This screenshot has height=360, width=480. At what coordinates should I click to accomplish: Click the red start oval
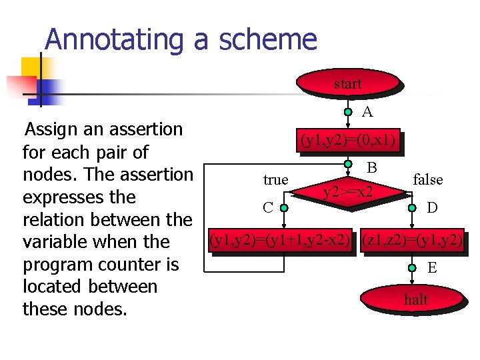347,84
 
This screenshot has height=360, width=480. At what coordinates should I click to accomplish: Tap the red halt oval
415,300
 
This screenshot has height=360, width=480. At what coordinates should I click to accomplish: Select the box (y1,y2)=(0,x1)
349,141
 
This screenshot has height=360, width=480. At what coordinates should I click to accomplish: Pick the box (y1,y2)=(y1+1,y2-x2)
280,239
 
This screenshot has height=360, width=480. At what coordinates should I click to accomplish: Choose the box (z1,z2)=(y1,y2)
411,239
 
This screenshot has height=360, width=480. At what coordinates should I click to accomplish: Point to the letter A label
367,112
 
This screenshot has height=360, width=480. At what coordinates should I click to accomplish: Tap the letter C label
267,207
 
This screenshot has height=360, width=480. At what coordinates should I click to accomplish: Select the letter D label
432,208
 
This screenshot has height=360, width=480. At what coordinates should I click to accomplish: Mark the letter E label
432,268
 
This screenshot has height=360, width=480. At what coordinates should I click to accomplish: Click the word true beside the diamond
276,180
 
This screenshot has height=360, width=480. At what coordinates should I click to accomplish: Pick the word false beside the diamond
427,180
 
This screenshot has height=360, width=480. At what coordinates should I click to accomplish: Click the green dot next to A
347,112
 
